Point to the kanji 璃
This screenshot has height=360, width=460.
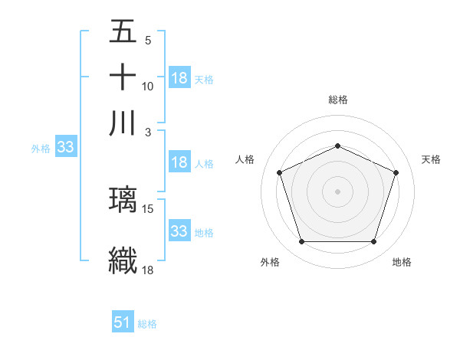[123, 200]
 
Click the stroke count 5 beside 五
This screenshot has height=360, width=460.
[147, 41]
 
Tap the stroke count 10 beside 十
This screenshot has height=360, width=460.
[148, 87]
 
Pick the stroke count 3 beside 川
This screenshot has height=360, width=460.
[147, 133]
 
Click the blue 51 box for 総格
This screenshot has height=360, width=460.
[122, 322]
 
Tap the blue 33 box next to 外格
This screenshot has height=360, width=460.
[64, 148]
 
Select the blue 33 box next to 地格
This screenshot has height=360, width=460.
[179, 231]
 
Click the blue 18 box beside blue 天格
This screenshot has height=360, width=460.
[179, 78]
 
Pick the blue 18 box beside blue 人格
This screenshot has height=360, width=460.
[179, 162]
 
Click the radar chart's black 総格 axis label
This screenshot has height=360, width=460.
[338, 100]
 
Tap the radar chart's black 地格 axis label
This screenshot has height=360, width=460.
[402, 262]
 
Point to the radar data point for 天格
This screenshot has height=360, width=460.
[396, 172]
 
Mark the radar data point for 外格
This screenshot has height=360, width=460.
[301, 242]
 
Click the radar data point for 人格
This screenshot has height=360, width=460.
[279, 172]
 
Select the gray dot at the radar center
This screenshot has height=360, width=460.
[337, 191]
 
